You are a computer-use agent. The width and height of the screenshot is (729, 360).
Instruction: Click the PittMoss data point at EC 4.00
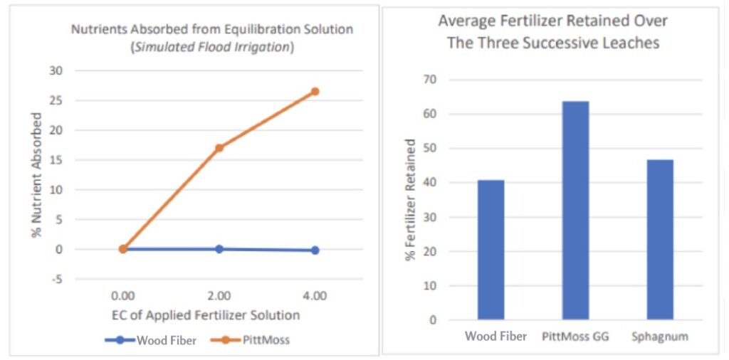pyautogui.click(x=315, y=91)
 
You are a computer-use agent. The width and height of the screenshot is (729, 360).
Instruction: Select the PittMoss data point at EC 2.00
pyautogui.click(x=219, y=148)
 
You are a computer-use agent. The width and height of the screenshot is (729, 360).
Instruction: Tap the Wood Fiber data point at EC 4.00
pyautogui.click(x=315, y=250)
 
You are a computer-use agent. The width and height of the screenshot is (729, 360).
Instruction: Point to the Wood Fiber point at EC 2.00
pyautogui.click(x=219, y=249)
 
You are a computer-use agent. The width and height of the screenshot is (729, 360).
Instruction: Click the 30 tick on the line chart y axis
pyautogui.click(x=56, y=70)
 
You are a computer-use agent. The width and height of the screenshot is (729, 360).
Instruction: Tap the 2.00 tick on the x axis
pyautogui.click(x=219, y=295)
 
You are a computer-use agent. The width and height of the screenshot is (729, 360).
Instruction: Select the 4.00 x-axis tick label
pyautogui.click(x=315, y=295)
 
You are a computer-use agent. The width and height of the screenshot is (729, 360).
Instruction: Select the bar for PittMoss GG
pyautogui.click(x=575, y=211)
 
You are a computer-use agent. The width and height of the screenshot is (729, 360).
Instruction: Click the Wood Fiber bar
pyautogui.click(x=491, y=250)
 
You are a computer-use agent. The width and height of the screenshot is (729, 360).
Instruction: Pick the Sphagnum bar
pyautogui.click(x=660, y=240)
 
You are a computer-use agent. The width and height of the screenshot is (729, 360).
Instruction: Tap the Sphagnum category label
pyautogui.click(x=660, y=337)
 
